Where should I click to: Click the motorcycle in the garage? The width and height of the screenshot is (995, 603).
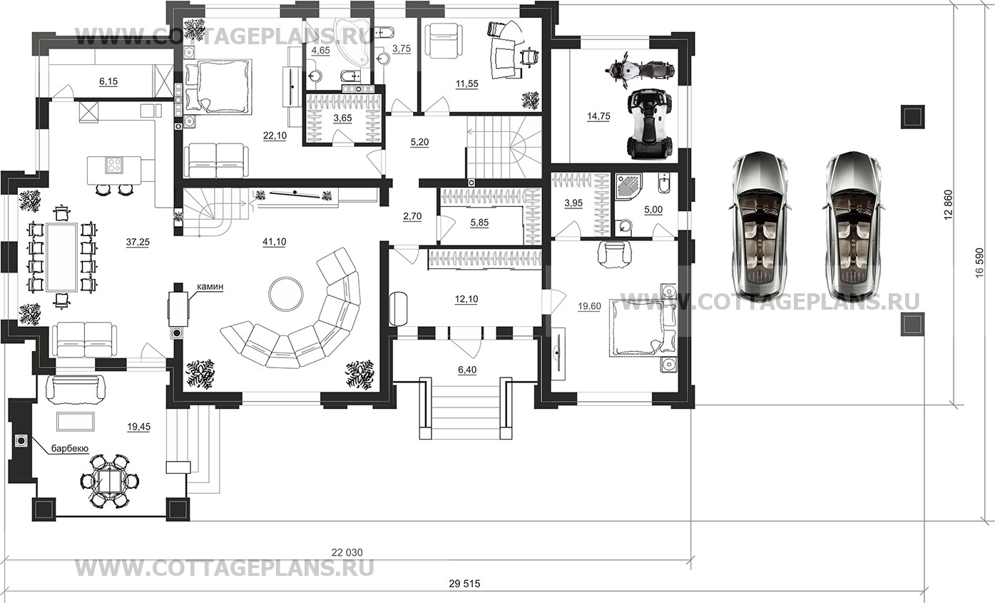point(640,70)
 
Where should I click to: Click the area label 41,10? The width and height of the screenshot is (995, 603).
point(275,242)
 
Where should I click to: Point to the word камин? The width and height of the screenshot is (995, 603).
point(210,287)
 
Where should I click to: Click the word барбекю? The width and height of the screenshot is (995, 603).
point(70,448)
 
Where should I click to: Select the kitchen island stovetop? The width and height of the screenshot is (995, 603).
point(114,166)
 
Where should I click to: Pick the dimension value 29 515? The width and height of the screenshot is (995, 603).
point(464,584)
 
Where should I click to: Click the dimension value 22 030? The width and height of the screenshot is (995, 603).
point(347,553)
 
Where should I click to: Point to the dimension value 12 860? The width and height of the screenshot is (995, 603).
point(949,205)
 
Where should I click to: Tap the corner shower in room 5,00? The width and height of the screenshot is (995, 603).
point(627,188)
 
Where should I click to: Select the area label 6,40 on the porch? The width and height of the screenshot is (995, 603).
point(467,370)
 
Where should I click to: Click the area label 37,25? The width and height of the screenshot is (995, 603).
point(138,242)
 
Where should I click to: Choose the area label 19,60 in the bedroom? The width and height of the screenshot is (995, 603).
point(589,306)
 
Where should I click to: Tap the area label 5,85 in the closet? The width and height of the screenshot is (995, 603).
point(480,223)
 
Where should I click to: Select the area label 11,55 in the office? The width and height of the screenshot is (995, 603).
point(467,83)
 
